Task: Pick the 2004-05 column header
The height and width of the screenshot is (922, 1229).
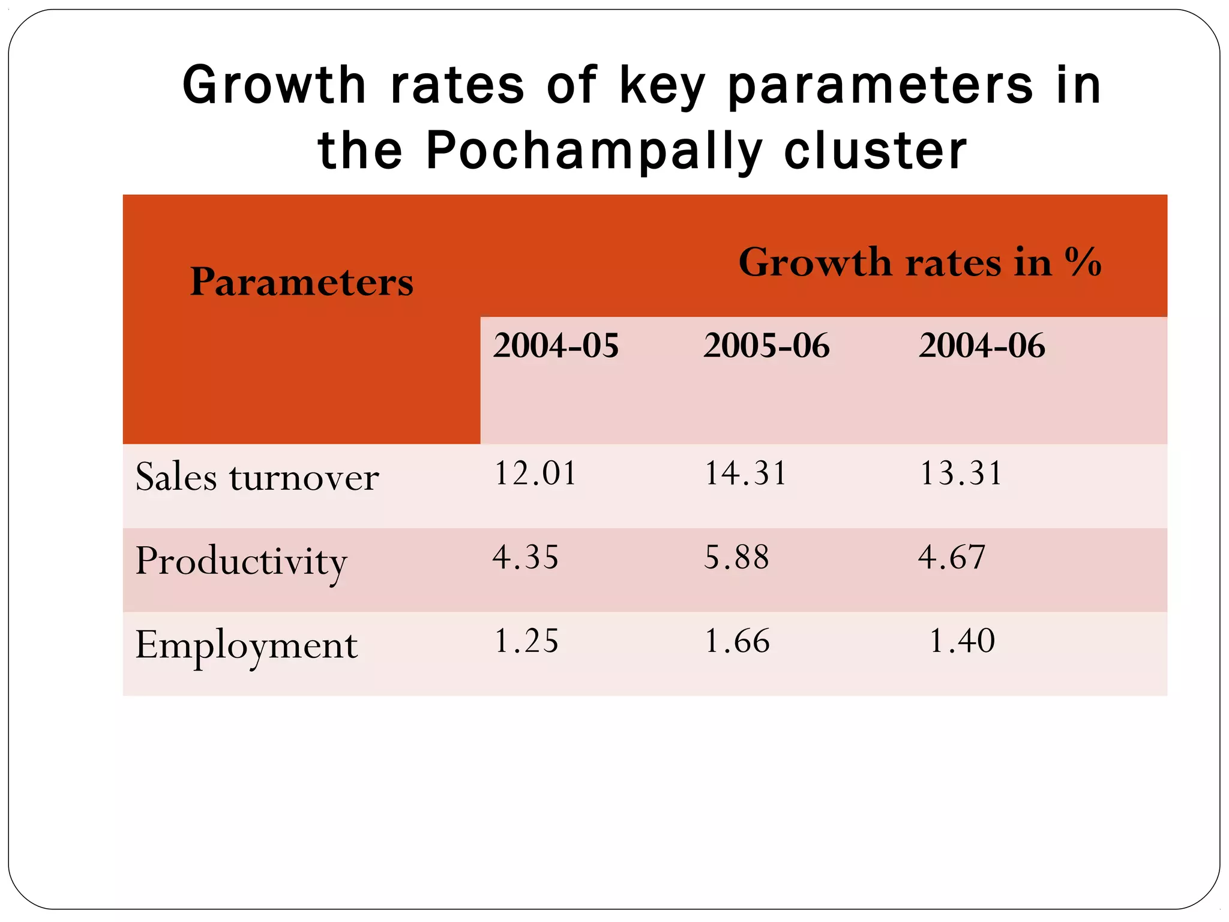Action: click(556, 346)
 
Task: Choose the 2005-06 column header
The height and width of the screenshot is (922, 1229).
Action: click(766, 346)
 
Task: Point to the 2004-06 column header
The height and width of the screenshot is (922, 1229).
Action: click(982, 346)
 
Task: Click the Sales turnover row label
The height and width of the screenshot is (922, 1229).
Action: click(257, 477)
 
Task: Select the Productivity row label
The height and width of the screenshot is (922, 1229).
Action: click(241, 562)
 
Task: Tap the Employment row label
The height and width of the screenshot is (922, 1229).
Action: click(246, 646)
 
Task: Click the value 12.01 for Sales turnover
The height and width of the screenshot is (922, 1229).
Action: click(535, 473)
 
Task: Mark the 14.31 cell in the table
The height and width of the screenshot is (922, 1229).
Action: click(745, 473)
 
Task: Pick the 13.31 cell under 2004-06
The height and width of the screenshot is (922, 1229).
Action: click(961, 473)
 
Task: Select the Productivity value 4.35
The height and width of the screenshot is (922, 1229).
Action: click(526, 557)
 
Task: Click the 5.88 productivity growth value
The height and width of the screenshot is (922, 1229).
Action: click(736, 557)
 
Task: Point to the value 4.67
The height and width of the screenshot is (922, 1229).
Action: click(952, 557)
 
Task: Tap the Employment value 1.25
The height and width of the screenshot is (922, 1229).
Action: click(526, 641)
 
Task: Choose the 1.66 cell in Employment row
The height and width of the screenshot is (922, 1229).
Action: click(737, 641)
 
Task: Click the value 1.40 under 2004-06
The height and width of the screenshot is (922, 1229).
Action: click(962, 641)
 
